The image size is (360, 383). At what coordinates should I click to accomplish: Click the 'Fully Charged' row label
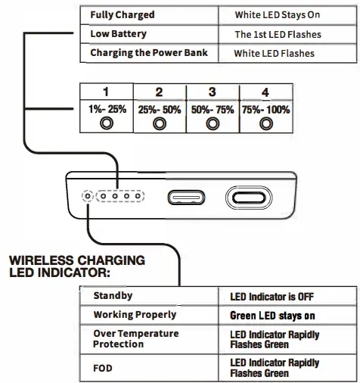pyautogui.click(x=122, y=15)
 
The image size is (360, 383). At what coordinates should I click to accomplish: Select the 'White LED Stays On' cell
pyautogui.click(x=278, y=15)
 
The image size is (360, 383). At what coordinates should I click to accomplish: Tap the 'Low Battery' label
pyautogui.click(x=118, y=34)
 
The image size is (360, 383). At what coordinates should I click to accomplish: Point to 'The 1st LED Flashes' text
pyautogui.click(x=278, y=35)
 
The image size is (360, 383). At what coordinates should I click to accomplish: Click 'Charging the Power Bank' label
pyautogui.click(x=149, y=53)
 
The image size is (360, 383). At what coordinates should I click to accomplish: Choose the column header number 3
pyautogui.click(x=212, y=92)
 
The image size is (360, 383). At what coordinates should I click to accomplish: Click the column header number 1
pyautogui.click(x=106, y=92)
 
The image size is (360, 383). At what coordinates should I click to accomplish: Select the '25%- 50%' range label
pyautogui.click(x=160, y=110)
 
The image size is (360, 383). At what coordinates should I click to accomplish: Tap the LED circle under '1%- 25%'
pyautogui.click(x=107, y=123)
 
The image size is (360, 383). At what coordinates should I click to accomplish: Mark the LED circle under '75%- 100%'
pyautogui.click(x=265, y=123)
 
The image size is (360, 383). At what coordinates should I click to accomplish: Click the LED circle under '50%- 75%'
pyautogui.click(x=213, y=123)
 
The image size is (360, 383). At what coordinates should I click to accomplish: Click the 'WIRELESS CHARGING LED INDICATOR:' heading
pyautogui.click(x=76, y=266)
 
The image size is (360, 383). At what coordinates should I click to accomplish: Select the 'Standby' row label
pyautogui.click(x=113, y=295)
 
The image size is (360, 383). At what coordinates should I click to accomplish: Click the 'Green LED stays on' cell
pyautogui.click(x=272, y=315)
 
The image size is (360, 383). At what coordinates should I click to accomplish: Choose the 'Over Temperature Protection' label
pyautogui.click(x=136, y=338)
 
